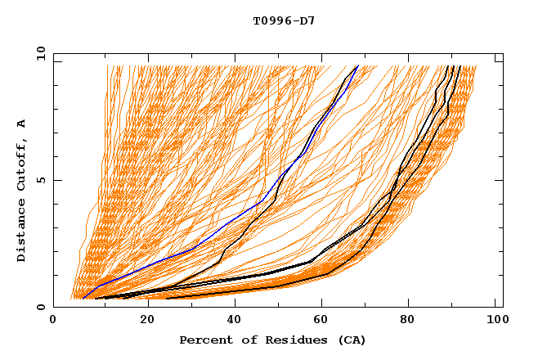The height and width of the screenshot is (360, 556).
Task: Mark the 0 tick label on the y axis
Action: [x=40, y=307]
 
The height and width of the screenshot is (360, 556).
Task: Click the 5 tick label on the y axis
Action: [x=40, y=180]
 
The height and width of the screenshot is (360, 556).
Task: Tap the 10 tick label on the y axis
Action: [x=38, y=53]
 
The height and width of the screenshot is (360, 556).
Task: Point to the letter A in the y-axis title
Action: [x=21, y=124]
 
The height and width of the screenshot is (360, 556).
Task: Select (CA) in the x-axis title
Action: [x=351, y=340]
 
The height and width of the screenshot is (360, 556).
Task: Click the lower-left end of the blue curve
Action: [x=83, y=299]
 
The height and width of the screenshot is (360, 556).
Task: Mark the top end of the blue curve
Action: [x=358, y=65]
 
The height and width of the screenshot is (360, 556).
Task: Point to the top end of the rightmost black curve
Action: [x=460, y=65]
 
